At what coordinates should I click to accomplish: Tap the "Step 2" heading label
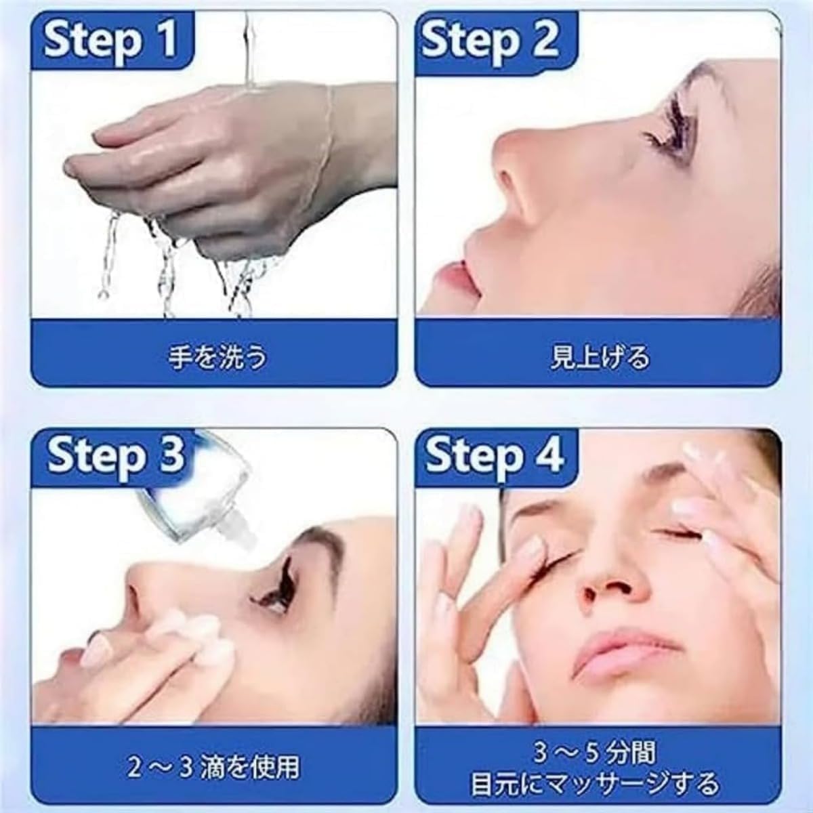490,40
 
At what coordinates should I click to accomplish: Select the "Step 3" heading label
115,455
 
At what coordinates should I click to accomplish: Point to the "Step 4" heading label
495,455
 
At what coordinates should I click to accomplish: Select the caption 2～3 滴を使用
213,766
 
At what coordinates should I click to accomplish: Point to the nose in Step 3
146,589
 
